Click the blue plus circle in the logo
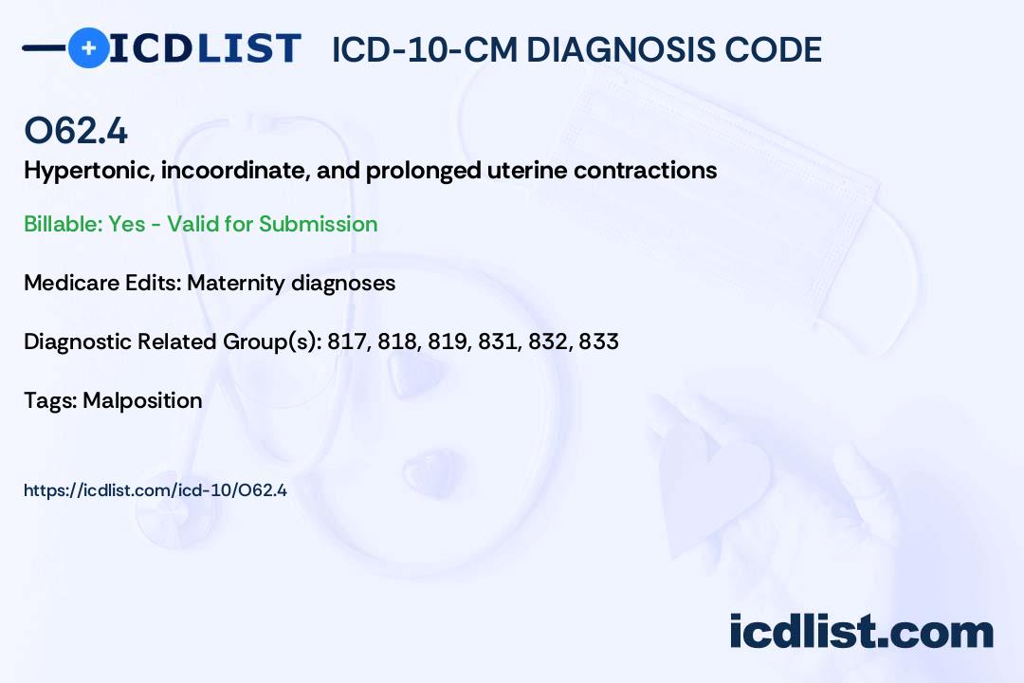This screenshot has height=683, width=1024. (x=88, y=47)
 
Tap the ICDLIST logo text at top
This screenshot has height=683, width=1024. (x=205, y=47)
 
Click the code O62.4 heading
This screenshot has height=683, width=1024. (x=76, y=131)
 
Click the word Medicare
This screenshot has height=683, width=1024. (x=68, y=283)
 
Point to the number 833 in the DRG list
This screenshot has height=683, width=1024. (x=598, y=341)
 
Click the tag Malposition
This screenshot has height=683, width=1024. (x=142, y=400)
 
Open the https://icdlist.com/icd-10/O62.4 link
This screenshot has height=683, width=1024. (x=155, y=490)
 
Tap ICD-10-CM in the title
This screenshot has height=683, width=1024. (x=424, y=49)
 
